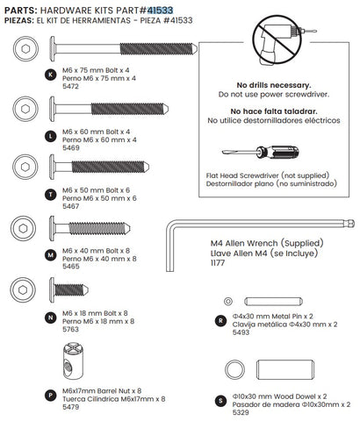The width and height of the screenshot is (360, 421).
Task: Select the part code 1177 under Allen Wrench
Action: [x=219, y=262]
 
